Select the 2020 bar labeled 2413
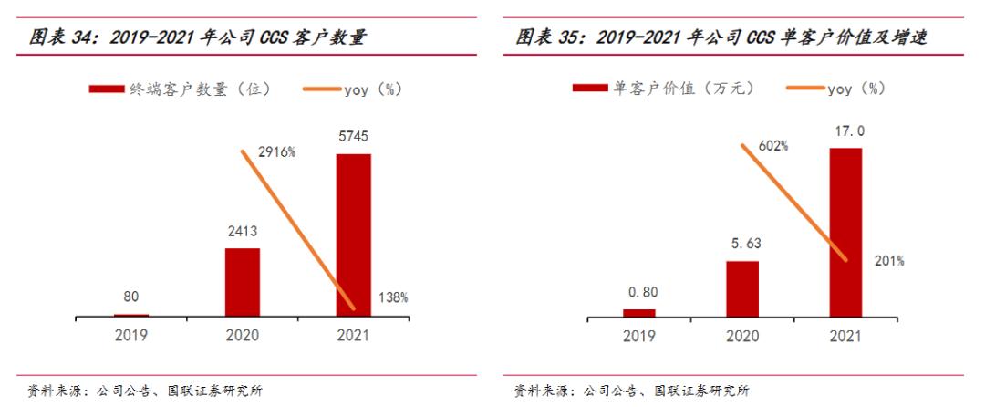tap(243, 282)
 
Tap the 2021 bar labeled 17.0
tap(845, 232)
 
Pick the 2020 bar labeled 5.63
tap(741, 288)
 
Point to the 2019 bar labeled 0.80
tap(638, 312)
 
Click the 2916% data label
tap(275, 152)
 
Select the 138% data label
tap(392, 297)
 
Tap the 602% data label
tap(772, 146)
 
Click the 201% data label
tap(888, 261)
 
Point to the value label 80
tap(131, 296)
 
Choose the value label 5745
tap(354, 136)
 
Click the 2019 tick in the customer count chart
tap(131, 335)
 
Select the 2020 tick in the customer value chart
tap(741, 335)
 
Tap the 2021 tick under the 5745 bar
tap(353, 335)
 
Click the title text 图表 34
tap(67, 37)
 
